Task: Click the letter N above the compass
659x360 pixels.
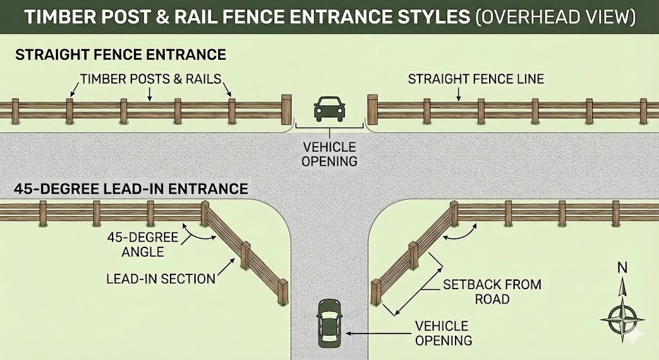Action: point(622,268)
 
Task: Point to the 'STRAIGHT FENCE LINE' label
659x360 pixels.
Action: point(476,80)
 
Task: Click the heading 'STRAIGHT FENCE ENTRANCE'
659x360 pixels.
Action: point(120,53)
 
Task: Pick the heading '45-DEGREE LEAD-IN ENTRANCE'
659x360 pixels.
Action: point(131,189)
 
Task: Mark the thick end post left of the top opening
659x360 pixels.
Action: point(286,109)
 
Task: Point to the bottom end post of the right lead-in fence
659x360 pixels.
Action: point(376,292)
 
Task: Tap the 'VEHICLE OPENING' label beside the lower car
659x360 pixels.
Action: point(443,332)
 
